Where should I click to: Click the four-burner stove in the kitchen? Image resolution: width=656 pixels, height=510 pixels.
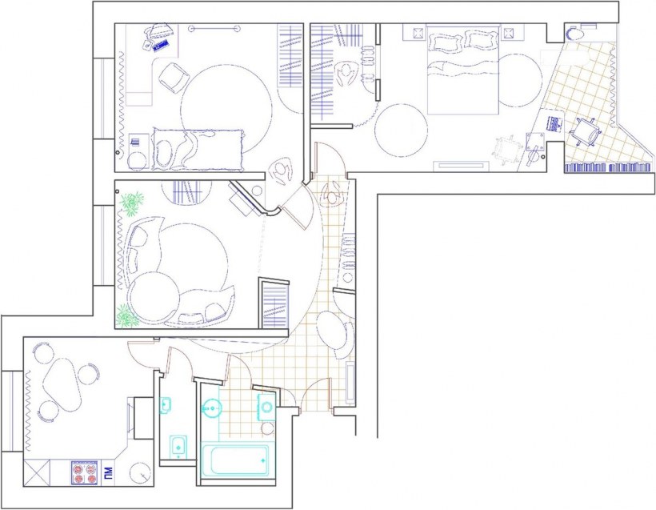tap(86, 472)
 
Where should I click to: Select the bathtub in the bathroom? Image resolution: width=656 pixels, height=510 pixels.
tap(235, 460)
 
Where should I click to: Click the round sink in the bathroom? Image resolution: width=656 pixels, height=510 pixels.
tap(212, 408)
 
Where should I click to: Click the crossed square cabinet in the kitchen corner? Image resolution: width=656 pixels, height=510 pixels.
tap(36, 472)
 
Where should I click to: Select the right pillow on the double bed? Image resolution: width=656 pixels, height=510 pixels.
tap(480, 41)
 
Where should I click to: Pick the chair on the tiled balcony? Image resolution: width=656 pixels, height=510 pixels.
tap(586, 131)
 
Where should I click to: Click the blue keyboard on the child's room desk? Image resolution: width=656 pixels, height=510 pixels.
tap(162, 45)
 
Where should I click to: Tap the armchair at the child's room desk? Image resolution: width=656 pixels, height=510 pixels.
tap(172, 78)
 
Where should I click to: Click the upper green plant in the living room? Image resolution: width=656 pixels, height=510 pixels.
tap(132, 203)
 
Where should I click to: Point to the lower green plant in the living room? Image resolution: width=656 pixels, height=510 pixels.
tap(126, 315)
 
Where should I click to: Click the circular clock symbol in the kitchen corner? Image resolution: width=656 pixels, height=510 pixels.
tap(141, 473)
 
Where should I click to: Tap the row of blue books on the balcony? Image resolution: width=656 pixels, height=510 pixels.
tap(607, 168)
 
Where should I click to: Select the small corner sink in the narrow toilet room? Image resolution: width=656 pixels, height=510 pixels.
tap(166, 405)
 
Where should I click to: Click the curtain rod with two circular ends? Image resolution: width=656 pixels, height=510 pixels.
tap(214, 29)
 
